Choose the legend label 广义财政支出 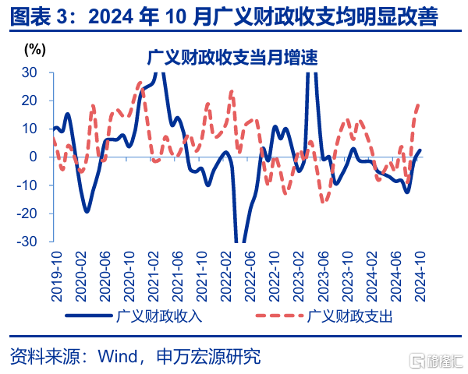pos(350,316)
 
